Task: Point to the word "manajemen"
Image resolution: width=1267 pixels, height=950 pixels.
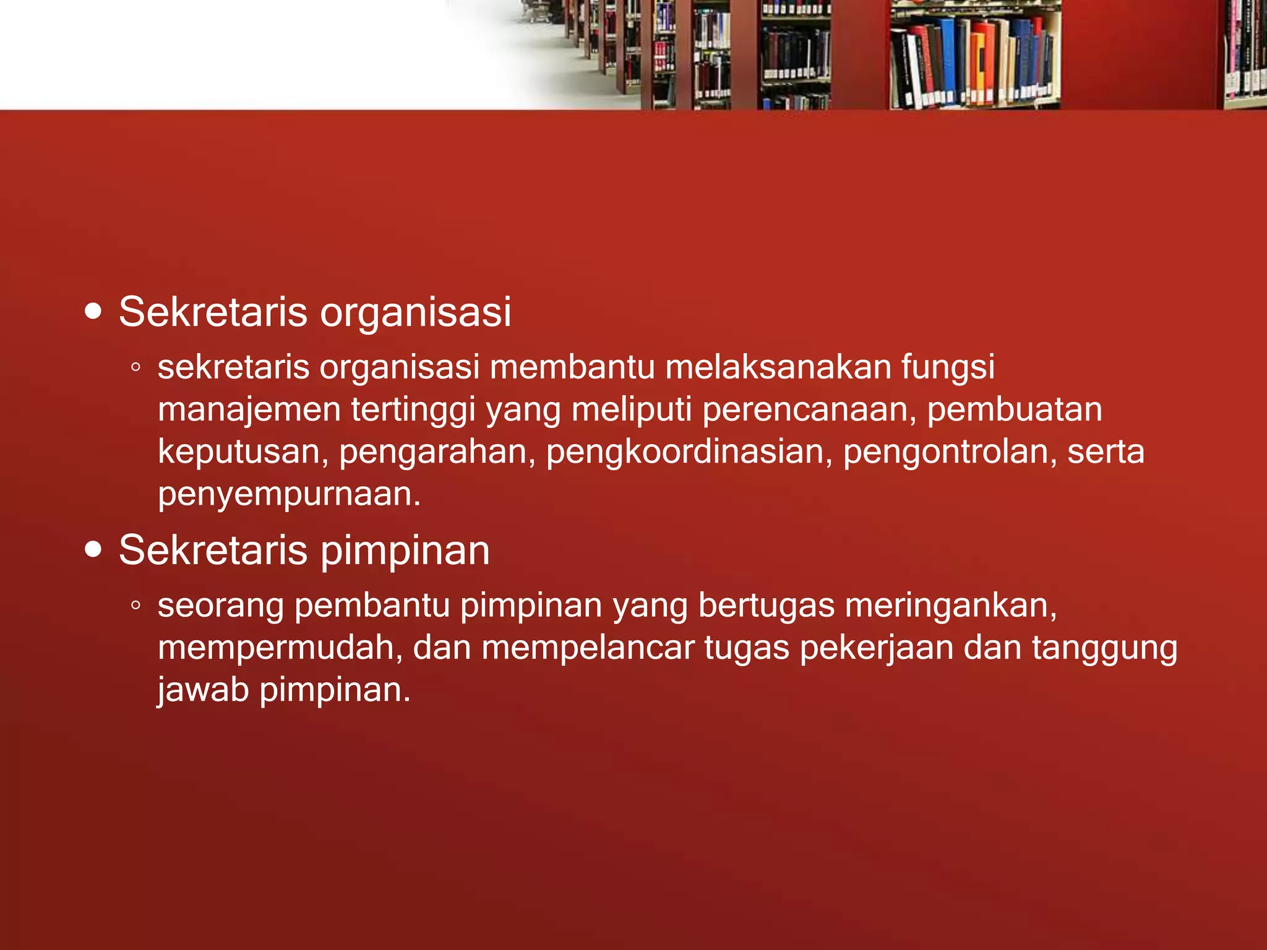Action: pyautogui.click(x=249, y=411)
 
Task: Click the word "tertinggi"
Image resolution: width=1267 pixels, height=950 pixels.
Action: pyautogui.click(x=413, y=411)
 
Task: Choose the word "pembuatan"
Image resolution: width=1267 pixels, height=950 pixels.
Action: pyautogui.click(x=1015, y=409)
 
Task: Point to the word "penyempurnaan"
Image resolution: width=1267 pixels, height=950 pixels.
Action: pyautogui.click(x=290, y=495)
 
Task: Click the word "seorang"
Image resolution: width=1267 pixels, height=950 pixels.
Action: pyautogui.click(x=221, y=606)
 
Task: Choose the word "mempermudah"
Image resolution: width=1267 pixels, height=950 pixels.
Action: pyautogui.click(x=280, y=648)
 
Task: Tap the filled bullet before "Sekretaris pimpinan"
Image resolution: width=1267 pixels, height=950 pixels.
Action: pyautogui.click(x=93, y=549)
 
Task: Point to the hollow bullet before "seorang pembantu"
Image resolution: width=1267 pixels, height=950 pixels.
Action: pyautogui.click(x=136, y=606)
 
